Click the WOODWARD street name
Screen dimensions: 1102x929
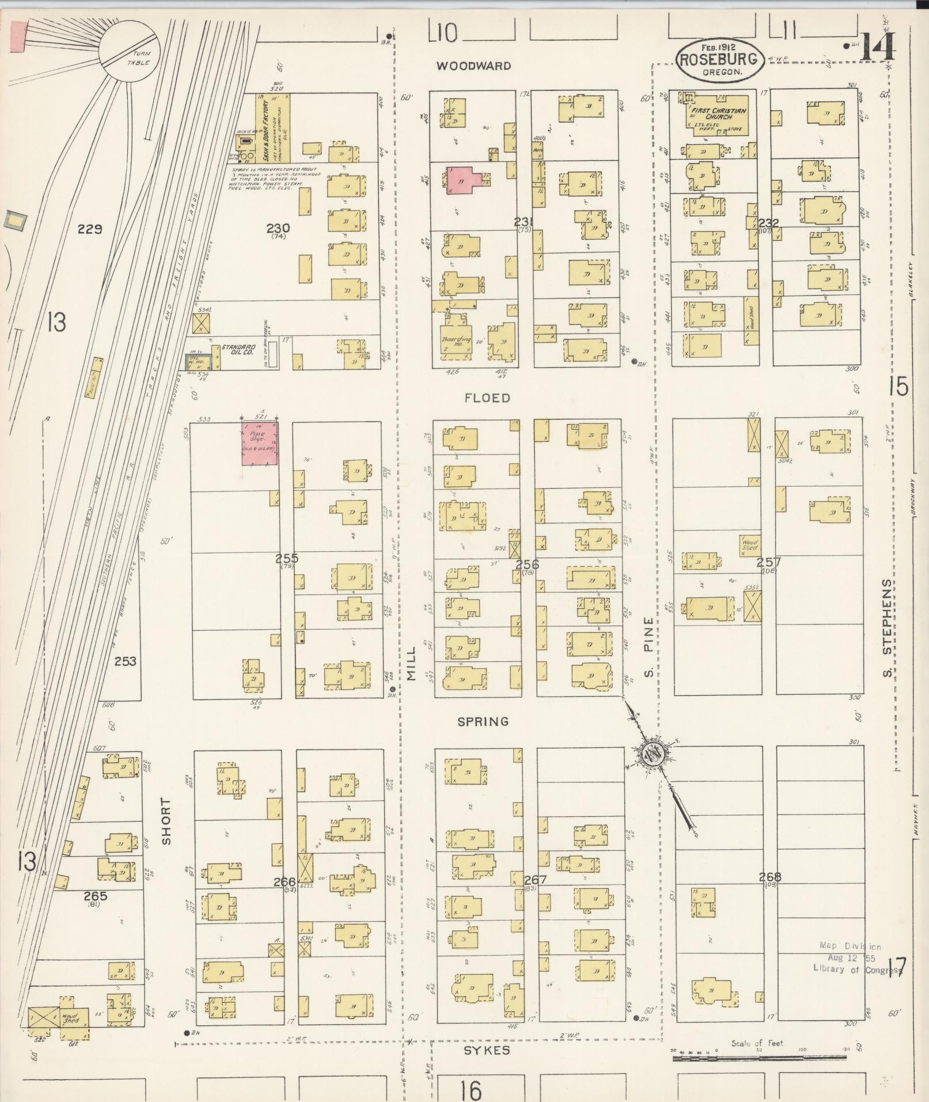pos(473,66)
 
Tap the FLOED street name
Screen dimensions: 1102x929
pos(487,398)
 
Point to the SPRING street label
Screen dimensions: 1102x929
pos(483,721)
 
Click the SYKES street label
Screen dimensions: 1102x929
pos(487,1050)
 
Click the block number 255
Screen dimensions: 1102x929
pos(286,558)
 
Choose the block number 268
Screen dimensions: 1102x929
pos(769,877)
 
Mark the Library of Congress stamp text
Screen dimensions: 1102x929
pos(856,968)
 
